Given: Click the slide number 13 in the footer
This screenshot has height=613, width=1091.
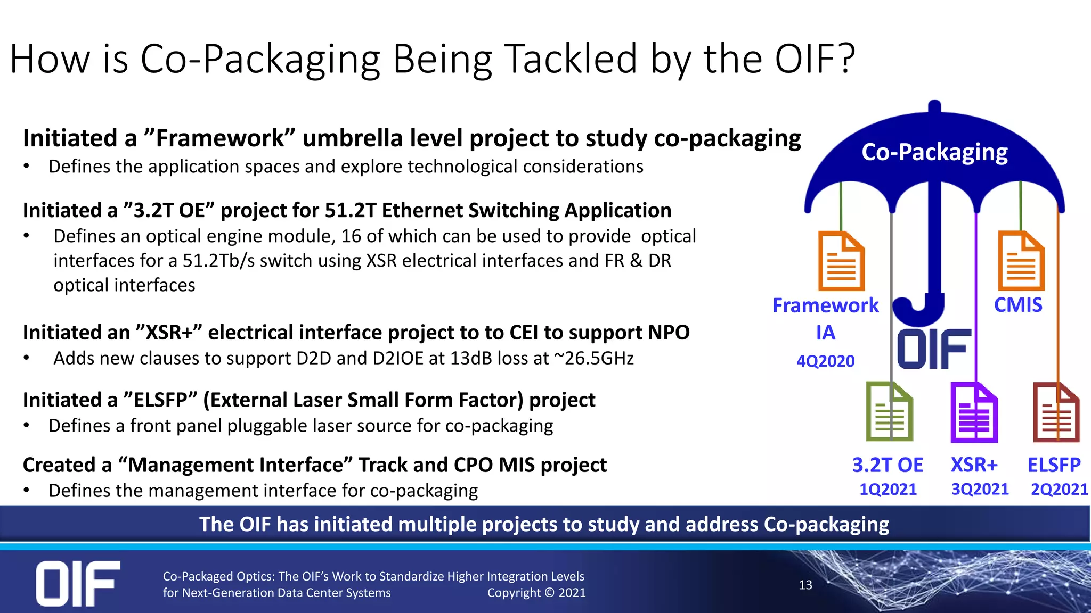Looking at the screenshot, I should coord(805,585).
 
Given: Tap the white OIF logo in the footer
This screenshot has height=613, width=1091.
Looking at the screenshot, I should coord(78,583).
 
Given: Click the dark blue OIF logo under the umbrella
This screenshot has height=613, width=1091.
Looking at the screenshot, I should coord(934,349).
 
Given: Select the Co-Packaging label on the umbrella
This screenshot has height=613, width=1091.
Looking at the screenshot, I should coord(934,152).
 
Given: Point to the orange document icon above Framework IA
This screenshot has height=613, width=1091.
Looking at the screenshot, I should coord(841,261).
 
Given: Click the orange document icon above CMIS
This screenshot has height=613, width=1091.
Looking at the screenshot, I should coord(1021,261).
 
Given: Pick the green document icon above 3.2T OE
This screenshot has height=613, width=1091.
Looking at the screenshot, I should coord(889,411).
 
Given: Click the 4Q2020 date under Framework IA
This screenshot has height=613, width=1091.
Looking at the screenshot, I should coord(825,361).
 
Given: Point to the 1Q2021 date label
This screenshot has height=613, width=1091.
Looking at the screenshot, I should coord(888,489).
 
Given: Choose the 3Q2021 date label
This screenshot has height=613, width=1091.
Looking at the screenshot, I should coord(980,489).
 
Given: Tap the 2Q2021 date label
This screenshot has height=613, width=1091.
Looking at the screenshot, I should coord(1059,489).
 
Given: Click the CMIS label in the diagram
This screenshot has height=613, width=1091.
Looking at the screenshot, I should coord(1018,305).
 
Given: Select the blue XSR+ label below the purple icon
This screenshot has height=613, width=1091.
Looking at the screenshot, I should coord(974,465).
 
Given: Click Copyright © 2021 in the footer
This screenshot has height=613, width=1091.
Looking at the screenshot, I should coord(536,593).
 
